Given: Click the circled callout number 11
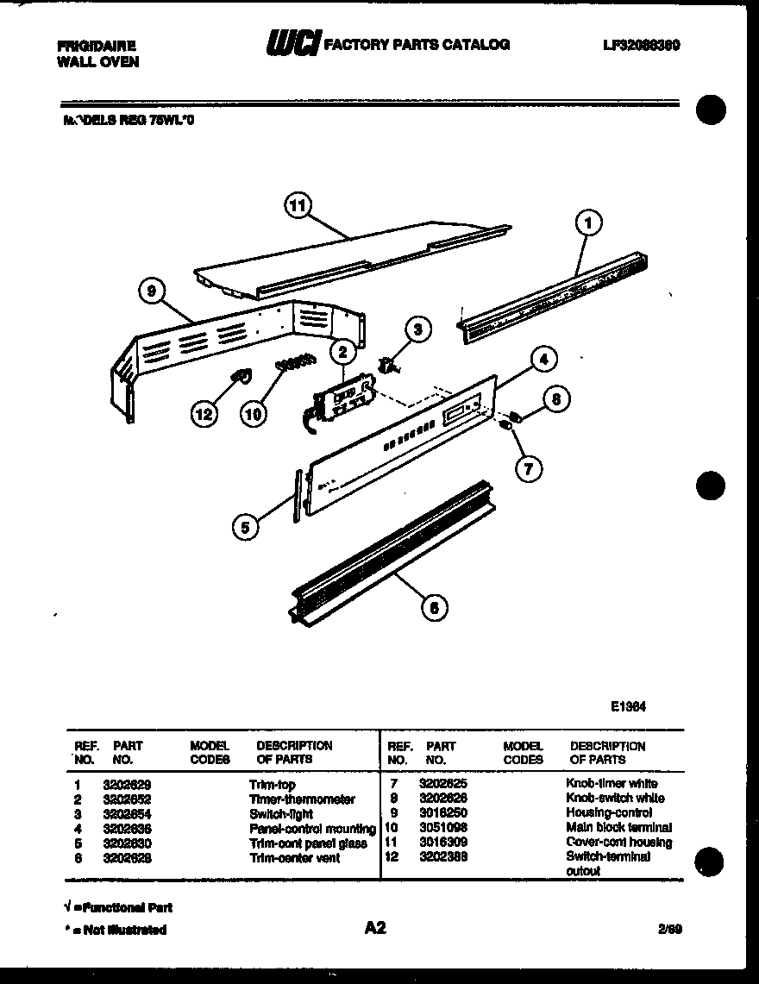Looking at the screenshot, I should click(298, 205).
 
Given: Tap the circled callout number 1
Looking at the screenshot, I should click(588, 223).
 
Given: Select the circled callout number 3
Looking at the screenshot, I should click(417, 329).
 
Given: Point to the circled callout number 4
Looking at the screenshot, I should click(543, 360).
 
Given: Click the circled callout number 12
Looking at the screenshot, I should click(204, 415).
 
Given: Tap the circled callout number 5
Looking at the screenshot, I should click(246, 527).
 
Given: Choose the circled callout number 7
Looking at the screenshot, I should click(529, 468).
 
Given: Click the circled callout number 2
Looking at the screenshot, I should click(342, 351).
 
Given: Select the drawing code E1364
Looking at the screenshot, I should click(629, 705).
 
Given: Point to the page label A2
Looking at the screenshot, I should click(375, 928).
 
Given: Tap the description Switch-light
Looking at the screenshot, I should click(280, 814).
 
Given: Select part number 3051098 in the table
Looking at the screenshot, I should click(443, 828).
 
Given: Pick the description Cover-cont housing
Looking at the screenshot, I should click(618, 843).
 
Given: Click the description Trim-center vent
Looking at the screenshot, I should click(294, 858).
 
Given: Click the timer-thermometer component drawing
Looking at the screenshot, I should click(342, 399).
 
